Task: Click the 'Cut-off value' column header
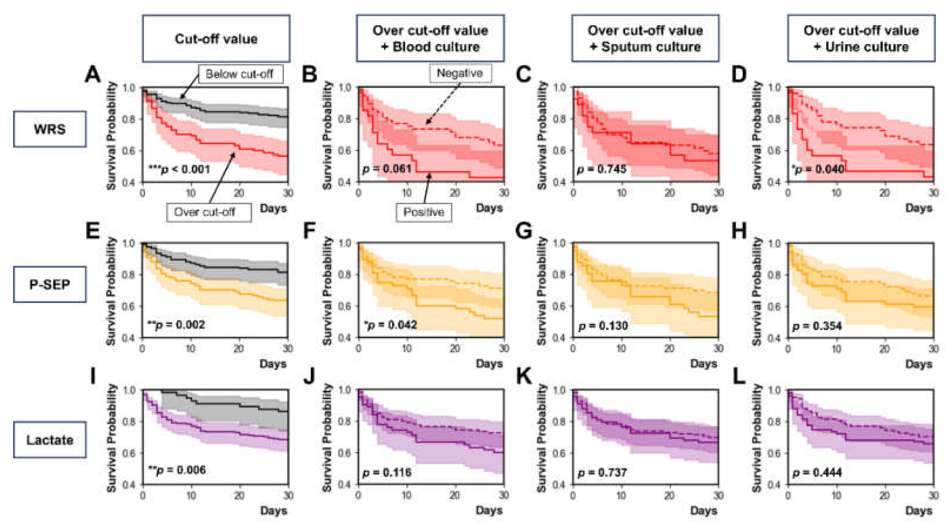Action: click(216, 39)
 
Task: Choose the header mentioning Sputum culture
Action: click(645, 39)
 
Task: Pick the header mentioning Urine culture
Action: click(861, 39)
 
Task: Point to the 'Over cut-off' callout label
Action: click(205, 212)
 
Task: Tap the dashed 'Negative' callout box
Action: click(460, 73)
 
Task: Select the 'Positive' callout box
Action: click(424, 212)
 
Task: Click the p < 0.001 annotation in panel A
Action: click(179, 169)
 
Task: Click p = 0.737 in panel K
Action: click(602, 472)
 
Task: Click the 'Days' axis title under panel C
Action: click(704, 208)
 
